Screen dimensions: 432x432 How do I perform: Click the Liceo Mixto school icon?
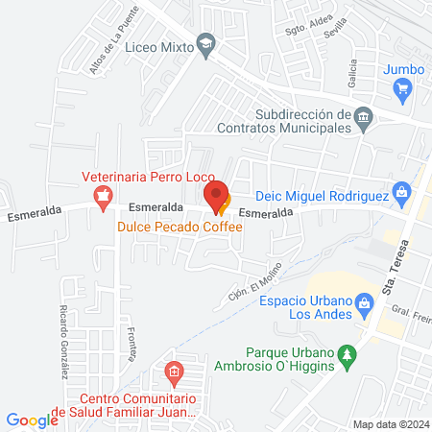(205, 46)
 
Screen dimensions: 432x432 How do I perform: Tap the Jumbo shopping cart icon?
(403, 89)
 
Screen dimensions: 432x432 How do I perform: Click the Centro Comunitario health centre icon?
(174, 371)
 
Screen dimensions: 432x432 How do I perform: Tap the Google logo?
(33, 420)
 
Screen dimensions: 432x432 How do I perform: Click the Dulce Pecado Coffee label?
(180, 227)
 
